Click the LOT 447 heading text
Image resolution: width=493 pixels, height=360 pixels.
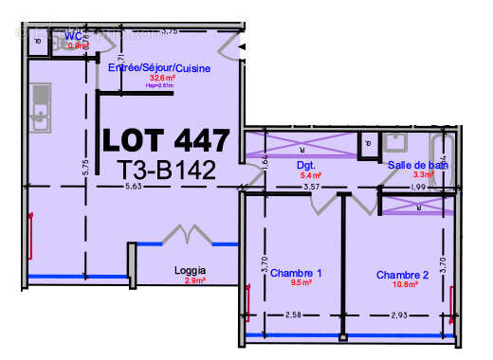166,141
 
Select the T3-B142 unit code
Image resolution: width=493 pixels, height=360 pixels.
166,171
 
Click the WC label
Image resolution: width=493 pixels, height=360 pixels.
70,37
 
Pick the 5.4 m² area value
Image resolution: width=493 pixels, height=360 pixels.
310,175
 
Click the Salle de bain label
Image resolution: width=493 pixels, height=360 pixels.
417,165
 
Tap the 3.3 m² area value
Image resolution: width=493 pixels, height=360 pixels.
423,175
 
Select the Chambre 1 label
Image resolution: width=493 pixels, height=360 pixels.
295,274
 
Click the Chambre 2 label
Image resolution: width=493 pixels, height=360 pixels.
402,275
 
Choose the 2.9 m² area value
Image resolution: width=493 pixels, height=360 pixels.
195,281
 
